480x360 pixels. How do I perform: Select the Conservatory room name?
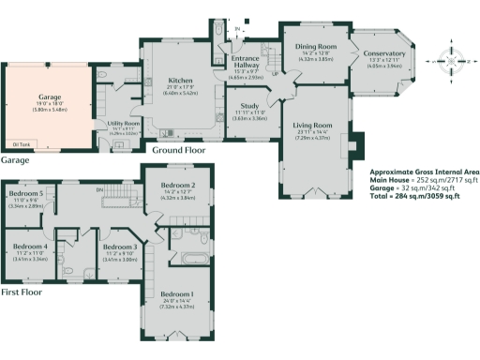coord(384,54)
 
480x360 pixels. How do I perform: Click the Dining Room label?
coord(315,46)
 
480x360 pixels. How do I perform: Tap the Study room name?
coord(248,107)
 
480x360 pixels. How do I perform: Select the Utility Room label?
coord(124,123)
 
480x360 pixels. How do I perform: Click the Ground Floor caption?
coord(181,150)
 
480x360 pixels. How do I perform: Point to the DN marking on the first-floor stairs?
coord(100,189)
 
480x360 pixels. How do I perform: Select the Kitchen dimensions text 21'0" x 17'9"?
coord(180,88)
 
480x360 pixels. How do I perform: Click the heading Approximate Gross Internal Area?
coord(424,172)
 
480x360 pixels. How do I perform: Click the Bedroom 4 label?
coord(31,247)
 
